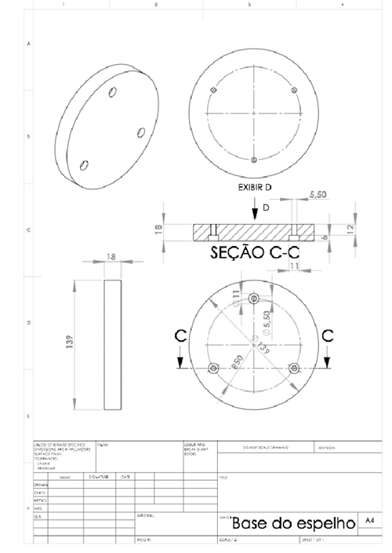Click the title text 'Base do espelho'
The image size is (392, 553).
pos(294,522)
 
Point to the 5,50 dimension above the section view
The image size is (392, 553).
pos(319,195)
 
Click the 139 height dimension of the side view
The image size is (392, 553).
pos(69,342)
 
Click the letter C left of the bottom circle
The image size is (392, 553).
pos(180,336)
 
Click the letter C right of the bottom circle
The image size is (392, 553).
pos(327,336)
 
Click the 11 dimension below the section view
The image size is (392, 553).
pos(295,267)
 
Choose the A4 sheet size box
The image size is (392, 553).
pos(372,519)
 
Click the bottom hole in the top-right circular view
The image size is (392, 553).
pos(252,161)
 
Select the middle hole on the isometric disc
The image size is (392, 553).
pos(140,132)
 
